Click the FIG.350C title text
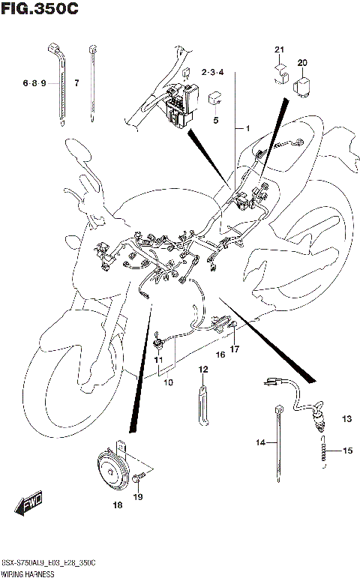[x=40, y=9]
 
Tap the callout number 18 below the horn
[x=117, y=506]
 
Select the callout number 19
[x=138, y=496]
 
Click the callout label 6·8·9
[x=34, y=83]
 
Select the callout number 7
[x=76, y=83]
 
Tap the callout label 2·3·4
[x=213, y=72]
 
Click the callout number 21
[x=279, y=50]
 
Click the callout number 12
[x=202, y=370]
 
